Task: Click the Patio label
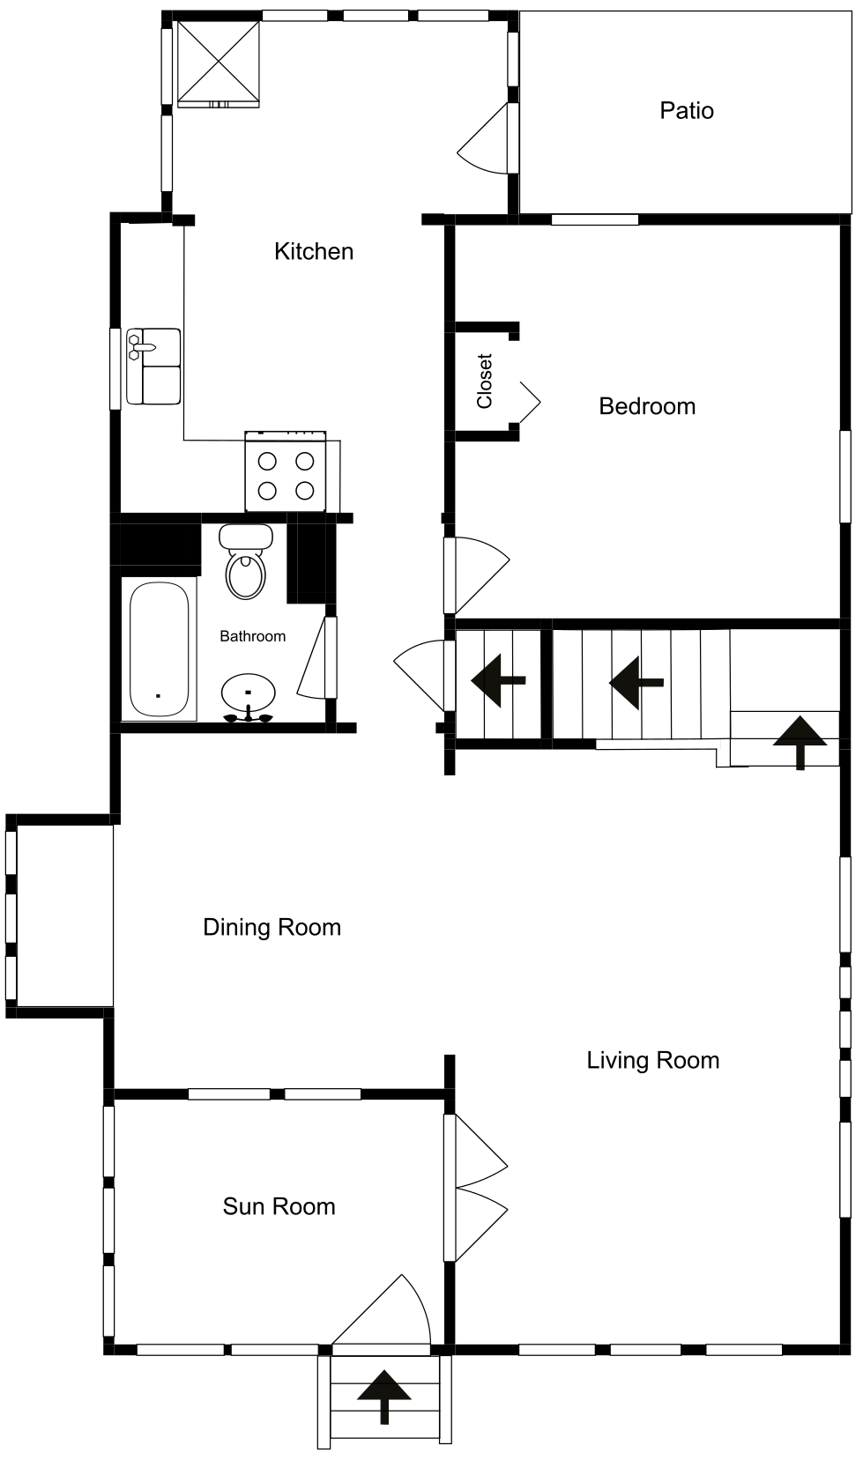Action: pyautogui.click(x=686, y=111)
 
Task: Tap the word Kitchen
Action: pyautogui.click(x=314, y=252)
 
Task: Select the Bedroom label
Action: pyautogui.click(x=647, y=406)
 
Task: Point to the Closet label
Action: pyautogui.click(x=485, y=382)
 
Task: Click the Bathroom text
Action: pyautogui.click(x=252, y=636)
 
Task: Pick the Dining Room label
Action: pyautogui.click(x=272, y=928)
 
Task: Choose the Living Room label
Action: pyautogui.click(x=653, y=1061)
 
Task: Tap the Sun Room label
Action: pyautogui.click(x=279, y=1206)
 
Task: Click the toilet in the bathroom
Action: pyautogui.click(x=246, y=562)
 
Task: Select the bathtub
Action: pyautogui.click(x=160, y=649)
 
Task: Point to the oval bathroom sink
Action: pyautogui.click(x=248, y=696)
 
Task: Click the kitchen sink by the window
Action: pyautogui.click(x=153, y=367)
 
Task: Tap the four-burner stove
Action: pyautogui.click(x=286, y=471)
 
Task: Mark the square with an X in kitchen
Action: pyautogui.click(x=219, y=63)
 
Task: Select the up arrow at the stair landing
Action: pyautogui.click(x=800, y=743)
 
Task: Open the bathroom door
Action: pyautogui.click(x=317, y=657)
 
